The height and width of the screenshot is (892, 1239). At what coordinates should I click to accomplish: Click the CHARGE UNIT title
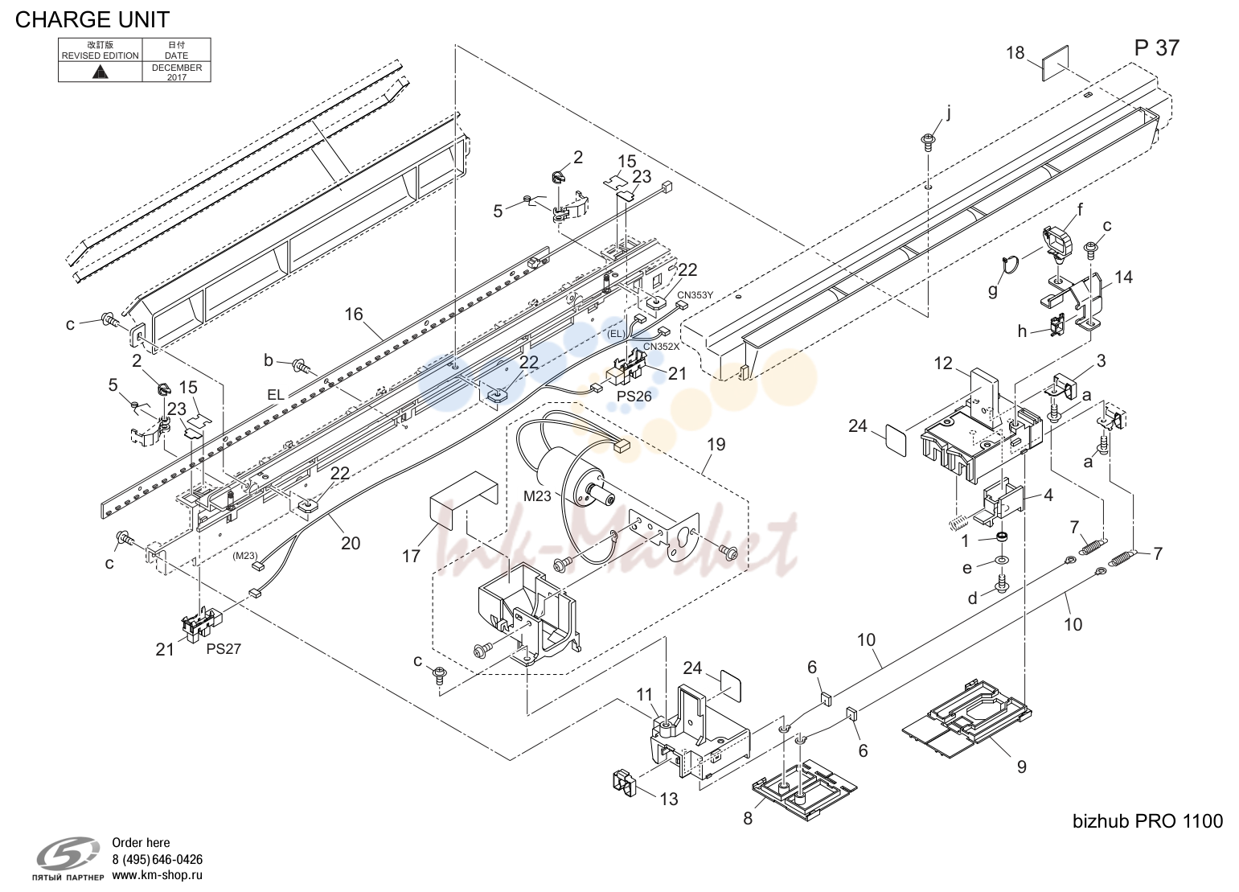[x=92, y=20]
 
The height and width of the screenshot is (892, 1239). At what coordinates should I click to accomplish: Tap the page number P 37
[x=1156, y=48]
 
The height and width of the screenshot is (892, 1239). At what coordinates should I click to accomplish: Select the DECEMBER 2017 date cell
[x=176, y=72]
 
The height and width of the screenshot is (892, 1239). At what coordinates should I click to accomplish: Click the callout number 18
[x=1015, y=53]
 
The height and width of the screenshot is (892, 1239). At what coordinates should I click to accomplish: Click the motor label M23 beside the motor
[x=537, y=496]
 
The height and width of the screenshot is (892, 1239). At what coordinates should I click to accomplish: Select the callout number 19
[x=716, y=444]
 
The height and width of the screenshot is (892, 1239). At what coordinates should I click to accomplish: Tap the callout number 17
[x=411, y=556]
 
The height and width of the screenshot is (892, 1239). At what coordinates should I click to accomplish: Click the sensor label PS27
[x=224, y=648]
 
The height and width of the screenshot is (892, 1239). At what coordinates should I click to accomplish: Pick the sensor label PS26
[x=634, y=397]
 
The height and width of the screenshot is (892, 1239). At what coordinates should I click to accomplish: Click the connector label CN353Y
[x=695, y=295]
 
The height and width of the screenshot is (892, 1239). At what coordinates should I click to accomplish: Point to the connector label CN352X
[x=661, y=347]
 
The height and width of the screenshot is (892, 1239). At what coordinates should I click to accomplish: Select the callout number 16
[x=354, y=314]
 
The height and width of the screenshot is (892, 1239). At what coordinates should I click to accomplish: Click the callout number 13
[x=669, y=799]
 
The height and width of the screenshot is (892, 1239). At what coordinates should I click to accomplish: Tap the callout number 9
[x=1022, y=767]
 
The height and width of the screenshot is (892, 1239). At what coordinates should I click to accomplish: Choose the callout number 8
[x=748, y=819]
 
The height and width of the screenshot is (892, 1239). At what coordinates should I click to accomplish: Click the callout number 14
[x=1123, y=277]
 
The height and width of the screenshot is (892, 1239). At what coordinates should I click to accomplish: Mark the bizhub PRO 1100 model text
[x=1147, y=820]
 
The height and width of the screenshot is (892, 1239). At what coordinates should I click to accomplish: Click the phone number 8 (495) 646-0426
[x=157, y=859]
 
